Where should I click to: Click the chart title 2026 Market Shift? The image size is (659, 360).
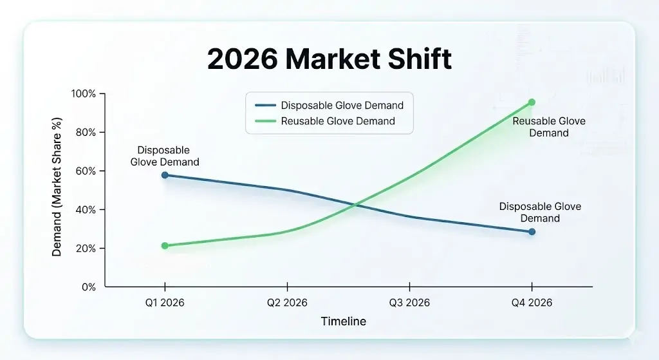click(329, 59)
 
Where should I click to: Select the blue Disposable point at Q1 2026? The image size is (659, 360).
click(165, 175)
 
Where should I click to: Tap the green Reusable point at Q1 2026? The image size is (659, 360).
click(165, 245)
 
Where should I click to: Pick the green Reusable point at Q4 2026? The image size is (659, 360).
click(532, 102)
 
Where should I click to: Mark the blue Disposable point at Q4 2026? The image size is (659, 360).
click(532, 231)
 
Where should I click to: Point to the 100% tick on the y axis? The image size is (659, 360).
click(83, 94)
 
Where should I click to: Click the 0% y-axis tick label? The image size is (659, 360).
click(88, 287)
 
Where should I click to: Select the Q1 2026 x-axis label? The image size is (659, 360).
click(165, 303)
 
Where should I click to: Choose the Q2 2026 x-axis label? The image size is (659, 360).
click(287, 303)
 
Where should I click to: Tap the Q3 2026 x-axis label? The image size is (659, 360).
click(409, 303)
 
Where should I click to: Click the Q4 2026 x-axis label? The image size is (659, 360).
click(532, 303)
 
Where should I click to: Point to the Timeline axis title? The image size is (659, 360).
click(343, 321)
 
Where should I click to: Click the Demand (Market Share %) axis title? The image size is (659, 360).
click(57, 187)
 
